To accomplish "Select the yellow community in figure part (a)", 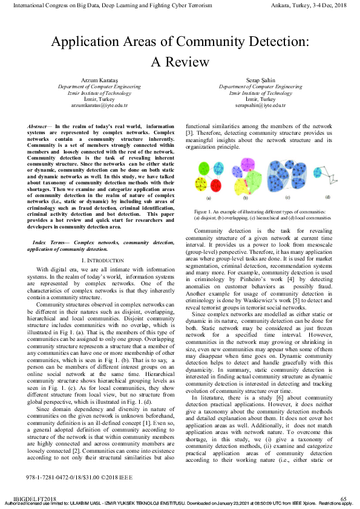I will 203,183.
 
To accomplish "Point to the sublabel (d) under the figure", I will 327,197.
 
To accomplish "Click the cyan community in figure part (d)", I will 318,172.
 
